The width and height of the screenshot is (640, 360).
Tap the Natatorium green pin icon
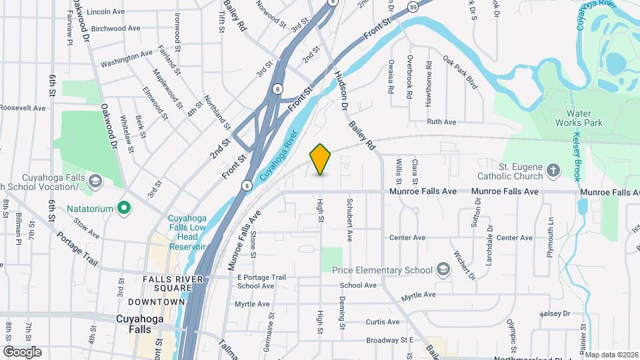(123, 209)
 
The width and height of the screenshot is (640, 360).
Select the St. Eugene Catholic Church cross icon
(553, 171)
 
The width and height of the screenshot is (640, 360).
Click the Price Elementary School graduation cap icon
(443, 269)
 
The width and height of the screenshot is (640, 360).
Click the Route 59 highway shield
(414, 7)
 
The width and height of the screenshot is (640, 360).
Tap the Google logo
(22, 352)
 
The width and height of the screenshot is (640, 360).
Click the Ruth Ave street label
(441, 122)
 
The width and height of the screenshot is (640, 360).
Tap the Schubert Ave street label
(348, 219)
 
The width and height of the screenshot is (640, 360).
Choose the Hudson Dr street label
(341, 91)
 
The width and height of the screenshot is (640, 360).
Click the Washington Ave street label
(127, 59)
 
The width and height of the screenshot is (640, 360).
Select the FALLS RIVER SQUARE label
(167, 283)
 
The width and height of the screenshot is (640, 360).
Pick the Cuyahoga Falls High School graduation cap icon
(95, 181)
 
